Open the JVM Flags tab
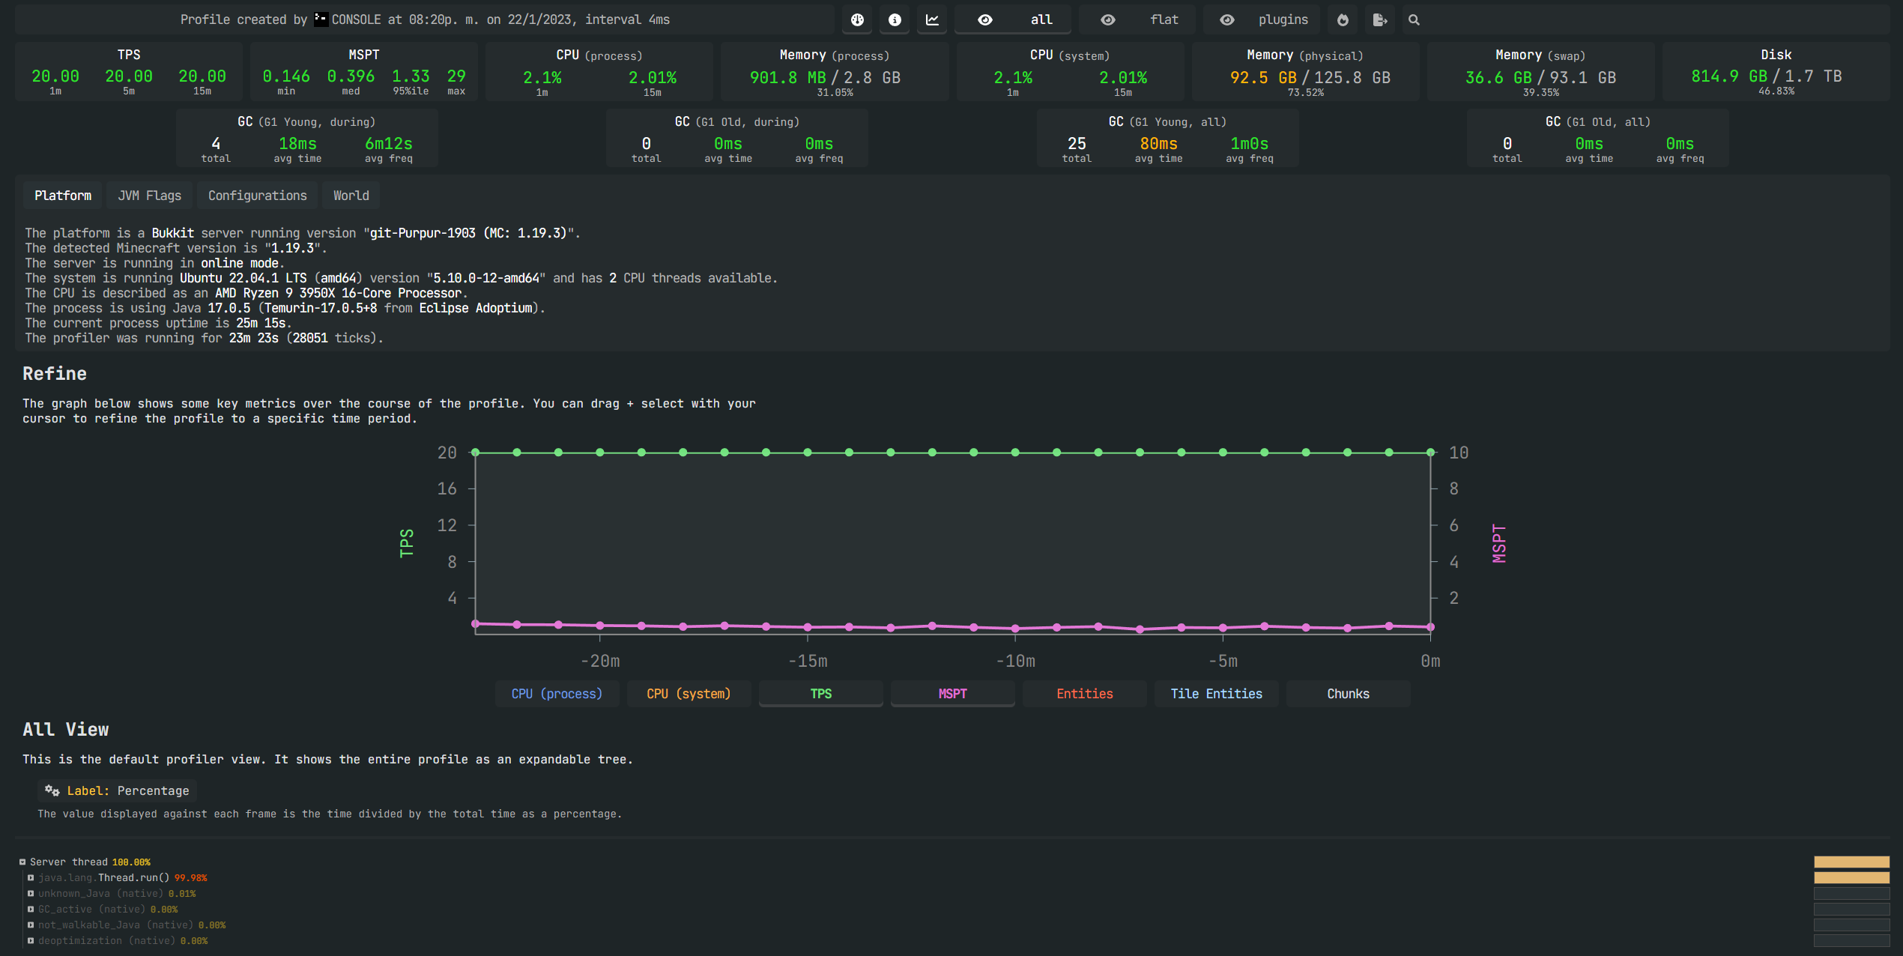[x=149, y=196]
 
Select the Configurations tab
[x=257, y=196]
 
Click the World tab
[x=351, y=196]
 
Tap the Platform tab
[x=63, y=196]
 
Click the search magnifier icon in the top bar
[x=1414, y=20]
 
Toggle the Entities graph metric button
[x=1084, y=694]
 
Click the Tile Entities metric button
[x=1216, y=694]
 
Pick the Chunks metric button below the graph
[x=1348, y=694]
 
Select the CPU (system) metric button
[x=689, y=694]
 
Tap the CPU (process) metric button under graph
[x=557, y=694]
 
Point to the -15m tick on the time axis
[x=808, y=661]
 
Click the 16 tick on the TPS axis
[x=447, y=489]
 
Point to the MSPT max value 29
[x=456, y=76]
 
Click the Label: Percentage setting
[x=118, y=790]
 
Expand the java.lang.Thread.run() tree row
[x=31, y=878]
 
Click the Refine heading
[x=55, y=374]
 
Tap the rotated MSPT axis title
[x=1498, y=543]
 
